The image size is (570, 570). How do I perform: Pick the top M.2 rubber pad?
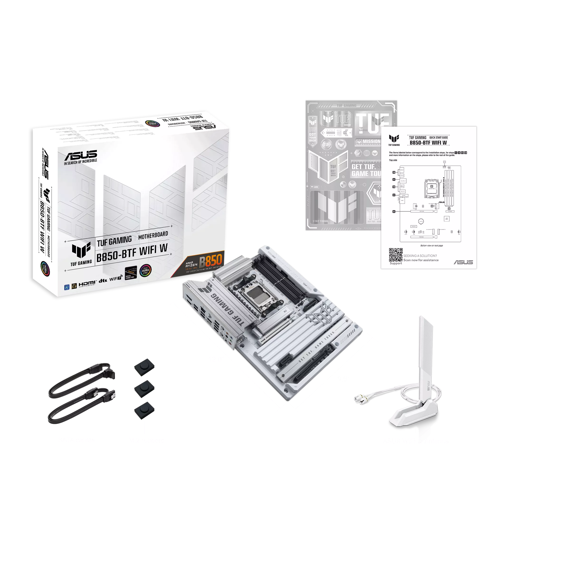point(144,367)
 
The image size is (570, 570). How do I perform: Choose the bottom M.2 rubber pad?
point(144,409)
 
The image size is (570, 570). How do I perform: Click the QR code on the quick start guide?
point(395,255)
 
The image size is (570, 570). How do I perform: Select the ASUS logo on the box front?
point(81,155)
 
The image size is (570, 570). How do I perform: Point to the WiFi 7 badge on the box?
point(116,279)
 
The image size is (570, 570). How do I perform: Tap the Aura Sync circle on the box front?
point(145,271)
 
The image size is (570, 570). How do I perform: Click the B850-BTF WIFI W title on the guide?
point(428,143)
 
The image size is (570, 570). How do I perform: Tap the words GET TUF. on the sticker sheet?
point(363,167)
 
